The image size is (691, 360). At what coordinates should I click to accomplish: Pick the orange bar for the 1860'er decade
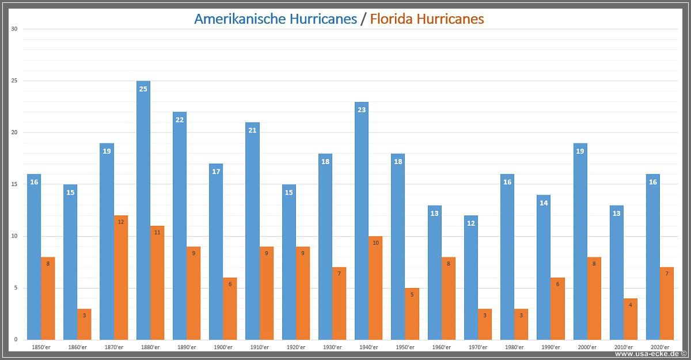coord(84,324)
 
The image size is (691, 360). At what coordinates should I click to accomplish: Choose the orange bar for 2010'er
coord(631,319)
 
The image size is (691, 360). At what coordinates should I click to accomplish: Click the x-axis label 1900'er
coord(223,347)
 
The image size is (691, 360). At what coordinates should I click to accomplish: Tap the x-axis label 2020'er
coord(660,347)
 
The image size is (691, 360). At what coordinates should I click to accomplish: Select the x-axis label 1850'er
coord(41,347)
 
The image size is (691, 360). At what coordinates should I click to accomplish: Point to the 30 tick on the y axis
coord(14,29)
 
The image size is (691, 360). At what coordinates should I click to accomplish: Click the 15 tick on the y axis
coord(14,184)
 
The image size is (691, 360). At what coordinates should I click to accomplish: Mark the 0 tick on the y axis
coord(16,340)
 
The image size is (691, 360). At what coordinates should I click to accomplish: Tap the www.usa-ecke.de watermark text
coord(647,354)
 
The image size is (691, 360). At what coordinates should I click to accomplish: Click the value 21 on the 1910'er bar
coord(252,130)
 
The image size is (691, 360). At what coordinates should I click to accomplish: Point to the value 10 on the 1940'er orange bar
coord(375,242)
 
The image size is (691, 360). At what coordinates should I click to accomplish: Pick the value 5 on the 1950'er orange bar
coord(412,294)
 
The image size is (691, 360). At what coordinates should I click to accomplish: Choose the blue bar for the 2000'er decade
coord(580,241)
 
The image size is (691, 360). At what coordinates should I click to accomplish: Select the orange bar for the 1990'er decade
coord(557,309)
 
